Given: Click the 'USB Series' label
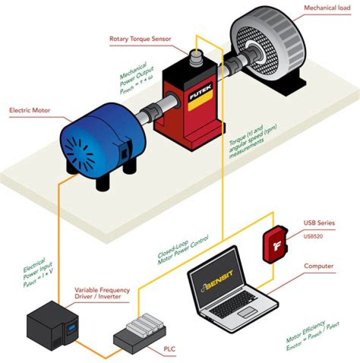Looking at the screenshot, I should [x=319, y=223].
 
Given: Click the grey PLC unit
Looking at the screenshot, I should [x=137, y=332].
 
